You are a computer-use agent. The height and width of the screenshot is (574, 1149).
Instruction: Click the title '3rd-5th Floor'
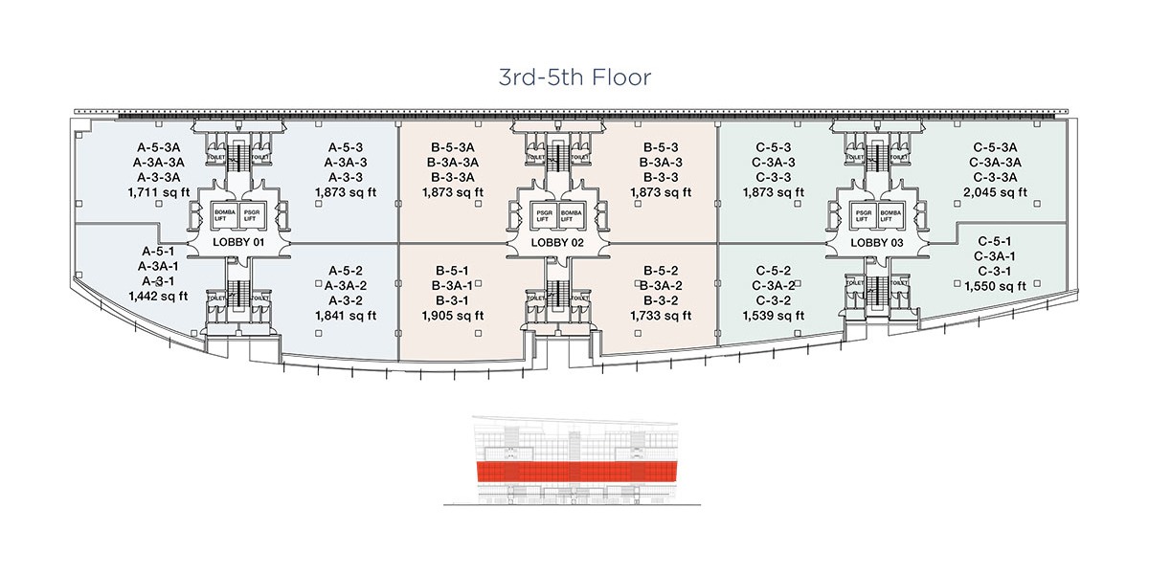[574, 77]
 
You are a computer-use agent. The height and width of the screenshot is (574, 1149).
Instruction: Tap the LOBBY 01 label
[238, 243]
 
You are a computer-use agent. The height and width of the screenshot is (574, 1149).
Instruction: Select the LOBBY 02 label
[558, 243]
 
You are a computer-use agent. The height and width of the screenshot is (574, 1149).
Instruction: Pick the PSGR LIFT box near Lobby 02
[545, 215]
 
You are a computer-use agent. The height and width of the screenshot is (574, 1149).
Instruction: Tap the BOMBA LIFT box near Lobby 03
[890, 215]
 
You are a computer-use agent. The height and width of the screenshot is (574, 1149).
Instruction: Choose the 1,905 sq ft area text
[453, 315]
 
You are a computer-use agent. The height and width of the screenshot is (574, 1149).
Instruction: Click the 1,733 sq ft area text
[662, 315]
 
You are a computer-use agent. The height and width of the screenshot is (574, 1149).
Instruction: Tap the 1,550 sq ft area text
[996, 285]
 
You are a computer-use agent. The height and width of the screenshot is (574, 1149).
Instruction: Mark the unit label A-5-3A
[159, 148]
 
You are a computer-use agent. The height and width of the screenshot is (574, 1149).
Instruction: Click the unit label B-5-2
[662, 271]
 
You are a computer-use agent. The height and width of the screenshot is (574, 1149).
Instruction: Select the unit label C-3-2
[775, 299]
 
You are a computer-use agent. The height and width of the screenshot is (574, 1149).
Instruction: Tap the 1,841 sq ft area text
[346, 315]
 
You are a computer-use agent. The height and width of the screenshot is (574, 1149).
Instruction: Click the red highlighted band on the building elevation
[574, 473]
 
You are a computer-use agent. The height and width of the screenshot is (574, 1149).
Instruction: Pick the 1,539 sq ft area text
[775, 315]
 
